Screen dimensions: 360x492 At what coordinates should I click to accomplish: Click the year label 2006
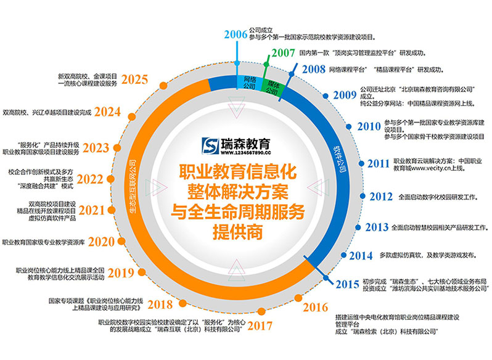(x=236, y=35)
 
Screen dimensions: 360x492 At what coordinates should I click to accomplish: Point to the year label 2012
(x=380, y=197)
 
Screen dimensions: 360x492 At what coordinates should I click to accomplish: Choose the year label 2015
(x=348, y=284)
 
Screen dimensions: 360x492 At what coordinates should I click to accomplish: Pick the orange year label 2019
(x=122, y=274)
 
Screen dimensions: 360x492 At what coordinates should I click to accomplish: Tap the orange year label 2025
(x=134, y=79)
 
